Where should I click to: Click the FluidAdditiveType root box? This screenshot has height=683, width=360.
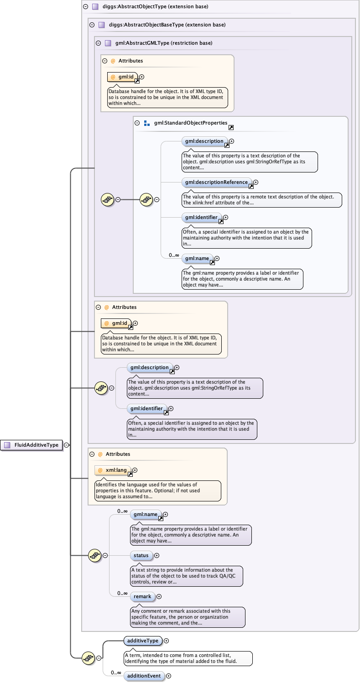coord(31,445)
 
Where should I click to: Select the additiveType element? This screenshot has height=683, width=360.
coord(143,641)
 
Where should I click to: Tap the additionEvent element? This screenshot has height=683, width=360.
coord(144,676)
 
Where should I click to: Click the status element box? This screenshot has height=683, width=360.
coord(141,555)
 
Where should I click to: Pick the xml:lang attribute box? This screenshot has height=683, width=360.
coord(113,470)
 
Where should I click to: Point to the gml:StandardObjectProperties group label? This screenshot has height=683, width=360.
coord(191,123)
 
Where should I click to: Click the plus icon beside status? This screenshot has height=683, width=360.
coord(157,555)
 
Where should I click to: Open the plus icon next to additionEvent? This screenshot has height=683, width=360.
coord(169,676)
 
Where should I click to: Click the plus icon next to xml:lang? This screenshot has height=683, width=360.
coord(135,470)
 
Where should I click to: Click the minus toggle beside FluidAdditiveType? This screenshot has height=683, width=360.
coord(67,445)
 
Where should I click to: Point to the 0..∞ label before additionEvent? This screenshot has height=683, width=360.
coord(116,673)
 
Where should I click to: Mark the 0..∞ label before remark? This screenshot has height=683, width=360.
coord(122,593)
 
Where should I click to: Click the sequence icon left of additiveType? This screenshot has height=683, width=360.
coord(88,658)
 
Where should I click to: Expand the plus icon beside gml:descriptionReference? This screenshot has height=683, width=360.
coord(256,182)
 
